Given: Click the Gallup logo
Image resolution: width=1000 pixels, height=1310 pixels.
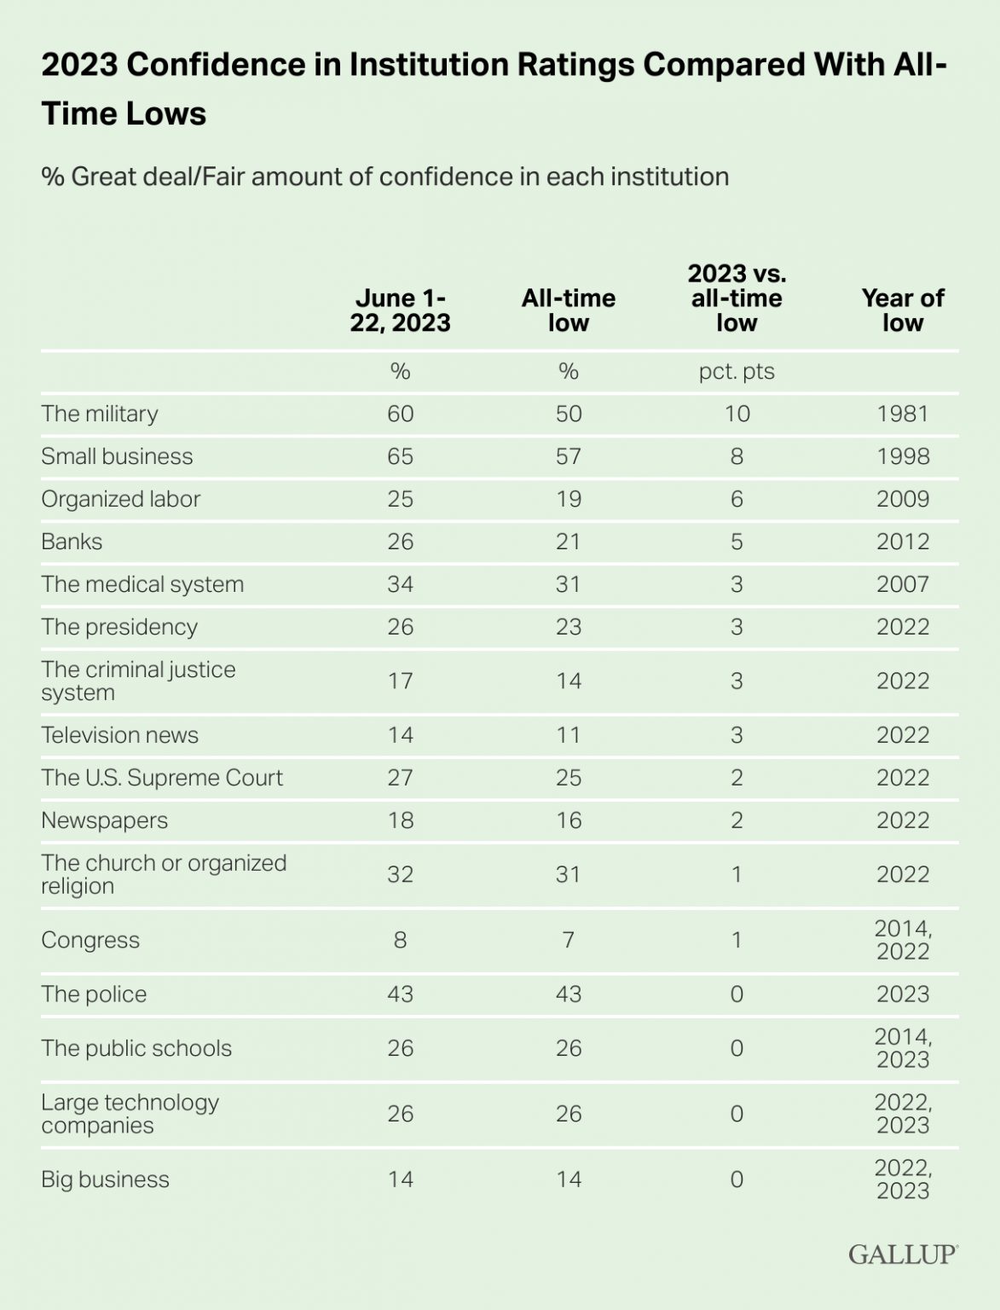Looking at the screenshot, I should click(x=903, y=1254).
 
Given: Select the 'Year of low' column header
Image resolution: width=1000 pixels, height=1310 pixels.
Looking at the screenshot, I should click(x=903, y=310).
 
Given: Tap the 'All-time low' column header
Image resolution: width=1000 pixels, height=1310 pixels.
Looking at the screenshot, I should click(x=568, y=310).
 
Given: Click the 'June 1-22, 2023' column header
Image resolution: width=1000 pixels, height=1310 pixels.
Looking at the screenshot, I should click(x=400, y=310).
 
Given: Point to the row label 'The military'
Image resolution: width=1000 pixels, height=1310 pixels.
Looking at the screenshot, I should click(x=100, y=414).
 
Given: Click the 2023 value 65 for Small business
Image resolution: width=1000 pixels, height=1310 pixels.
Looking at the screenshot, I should click(x=400, y=456).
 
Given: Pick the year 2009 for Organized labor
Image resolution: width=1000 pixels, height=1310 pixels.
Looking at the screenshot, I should click(x=903, y=499).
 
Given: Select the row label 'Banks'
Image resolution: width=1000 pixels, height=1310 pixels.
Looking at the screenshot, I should click(x=72, y=542).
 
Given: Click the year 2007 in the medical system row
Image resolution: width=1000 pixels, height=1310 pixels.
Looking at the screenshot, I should click(x=903, y=584).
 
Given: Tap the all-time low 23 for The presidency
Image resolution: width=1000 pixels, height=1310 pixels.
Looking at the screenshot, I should click(x=568, y=627).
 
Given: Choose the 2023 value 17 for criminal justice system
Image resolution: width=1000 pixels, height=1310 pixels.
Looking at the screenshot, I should click(x=400, y=681).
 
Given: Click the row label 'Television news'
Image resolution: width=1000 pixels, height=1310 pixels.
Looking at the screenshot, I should click(x=119, y=735).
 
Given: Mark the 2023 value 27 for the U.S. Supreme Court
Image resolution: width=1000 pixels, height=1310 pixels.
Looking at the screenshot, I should click(x=400, y=778).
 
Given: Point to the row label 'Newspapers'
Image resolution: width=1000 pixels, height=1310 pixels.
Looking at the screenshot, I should click(x=104, y=820).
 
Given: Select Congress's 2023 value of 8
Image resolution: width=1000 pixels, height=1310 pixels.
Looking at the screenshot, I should click(x=400, y=940).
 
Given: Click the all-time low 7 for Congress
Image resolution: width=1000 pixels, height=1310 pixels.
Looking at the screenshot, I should click(x=568, y=940).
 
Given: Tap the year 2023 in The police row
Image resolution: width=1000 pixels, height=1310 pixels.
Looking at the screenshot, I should click(x=903, y=994).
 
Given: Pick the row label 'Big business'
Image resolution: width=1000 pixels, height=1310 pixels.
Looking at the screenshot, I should click(x=105, y=1180).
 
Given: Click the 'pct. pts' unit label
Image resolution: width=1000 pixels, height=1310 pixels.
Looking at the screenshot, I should click(x=737, y=372).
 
